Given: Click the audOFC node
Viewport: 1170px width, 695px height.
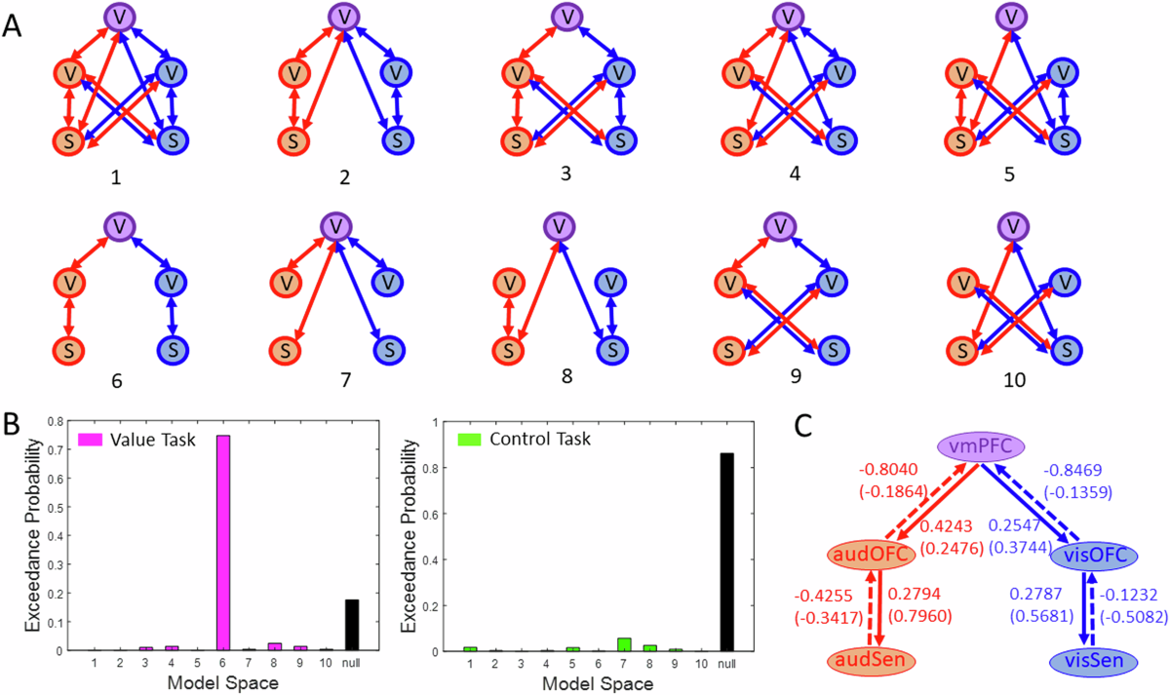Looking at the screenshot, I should point(872,556).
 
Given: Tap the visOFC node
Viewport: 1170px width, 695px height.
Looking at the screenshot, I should point(1094,556).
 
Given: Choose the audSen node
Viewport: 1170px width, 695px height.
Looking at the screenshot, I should point(871,662).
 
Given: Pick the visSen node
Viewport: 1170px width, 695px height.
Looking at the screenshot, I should point(1094,662).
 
